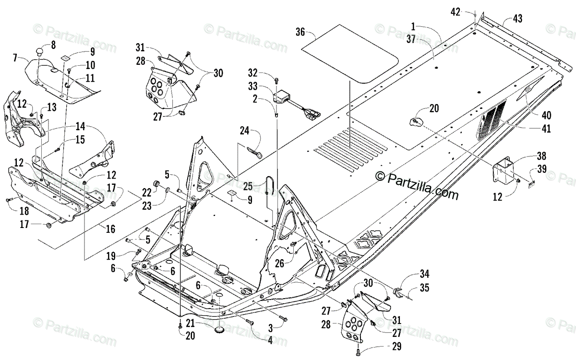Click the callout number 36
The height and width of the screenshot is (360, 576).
(300, 33)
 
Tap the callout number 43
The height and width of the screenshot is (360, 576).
(517, 19)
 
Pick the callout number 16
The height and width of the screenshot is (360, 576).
(110, 229)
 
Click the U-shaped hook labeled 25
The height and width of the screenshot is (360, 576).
(270, 183)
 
